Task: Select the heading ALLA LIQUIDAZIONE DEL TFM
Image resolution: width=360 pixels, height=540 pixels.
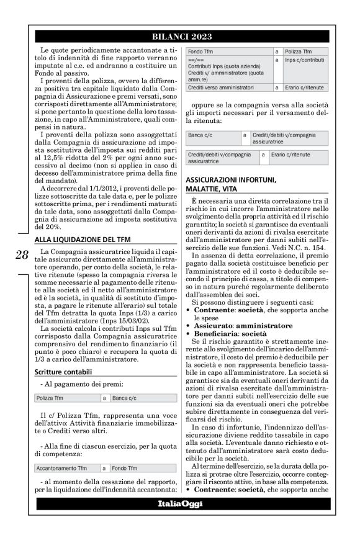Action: point(82,238)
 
